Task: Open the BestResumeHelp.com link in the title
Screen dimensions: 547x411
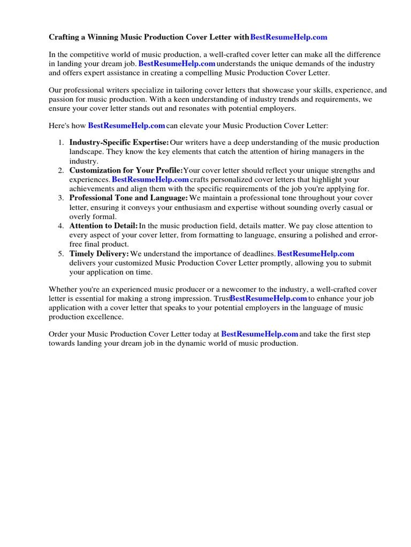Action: click(288, 37)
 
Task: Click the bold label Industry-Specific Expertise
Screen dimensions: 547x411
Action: click(119, 143)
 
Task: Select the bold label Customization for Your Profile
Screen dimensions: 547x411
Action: click(126, 170)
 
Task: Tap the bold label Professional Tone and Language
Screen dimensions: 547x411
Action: click(128, 198)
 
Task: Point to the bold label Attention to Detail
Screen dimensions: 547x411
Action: click(103, 226)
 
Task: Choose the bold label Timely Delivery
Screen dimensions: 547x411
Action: click(99, 254)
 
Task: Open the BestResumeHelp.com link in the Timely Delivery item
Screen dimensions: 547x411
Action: click(315, 254)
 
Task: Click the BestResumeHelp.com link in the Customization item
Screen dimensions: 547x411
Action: click(150, 180)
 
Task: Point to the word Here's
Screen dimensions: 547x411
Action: click(59, 126)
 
